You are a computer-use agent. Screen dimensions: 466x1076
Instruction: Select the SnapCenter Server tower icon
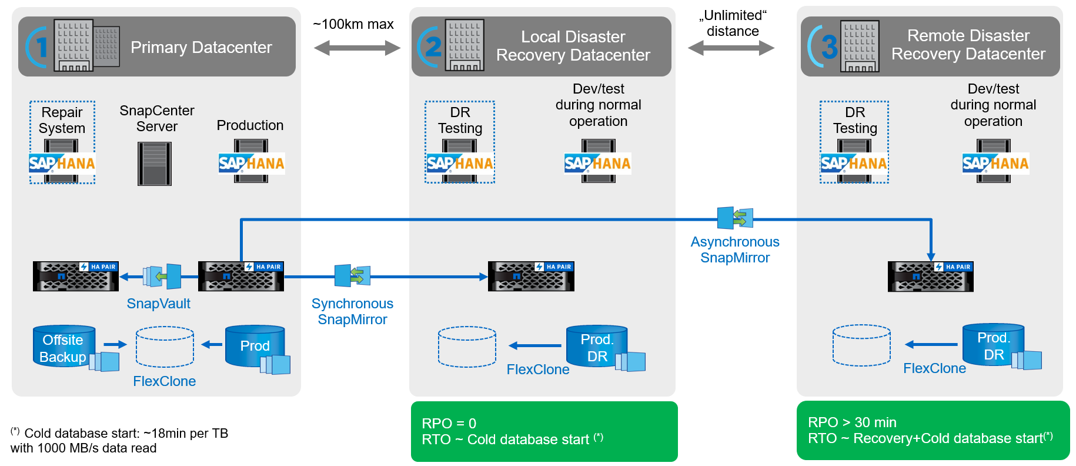(x=155, y=164)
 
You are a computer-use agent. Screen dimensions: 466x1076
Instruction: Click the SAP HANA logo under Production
(x=251, y=163)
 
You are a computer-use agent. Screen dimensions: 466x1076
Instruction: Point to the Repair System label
(x=62, y=120)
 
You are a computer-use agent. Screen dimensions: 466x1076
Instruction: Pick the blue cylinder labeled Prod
(x=255, y=345)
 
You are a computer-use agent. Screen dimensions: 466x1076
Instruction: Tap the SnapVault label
(x=158, y=304)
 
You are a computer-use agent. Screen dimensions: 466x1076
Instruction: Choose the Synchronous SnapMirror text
(x=352, y=311)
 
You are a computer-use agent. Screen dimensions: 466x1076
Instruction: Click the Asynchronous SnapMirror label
(x=735, y=249)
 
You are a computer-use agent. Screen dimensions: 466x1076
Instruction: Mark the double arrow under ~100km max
(x=357, y=48)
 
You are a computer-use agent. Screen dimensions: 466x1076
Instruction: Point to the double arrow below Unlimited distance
(x=731, y=48)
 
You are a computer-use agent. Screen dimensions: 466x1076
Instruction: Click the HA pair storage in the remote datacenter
(x=930, y=277)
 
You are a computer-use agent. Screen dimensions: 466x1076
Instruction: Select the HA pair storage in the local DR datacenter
(x=531, y=276)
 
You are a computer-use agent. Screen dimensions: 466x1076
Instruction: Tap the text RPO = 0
(x=449, y=423)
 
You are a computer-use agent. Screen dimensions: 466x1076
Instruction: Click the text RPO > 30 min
(x=852, y=422)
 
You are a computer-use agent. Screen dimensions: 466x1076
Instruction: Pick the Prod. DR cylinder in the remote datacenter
(x=993, y=346)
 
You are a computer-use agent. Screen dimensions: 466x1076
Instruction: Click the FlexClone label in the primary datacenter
(x=164, y=381)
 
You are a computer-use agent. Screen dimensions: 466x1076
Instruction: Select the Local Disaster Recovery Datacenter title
(x=573, y=46)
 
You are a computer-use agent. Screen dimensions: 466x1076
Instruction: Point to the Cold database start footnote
(x=119, y=440)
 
